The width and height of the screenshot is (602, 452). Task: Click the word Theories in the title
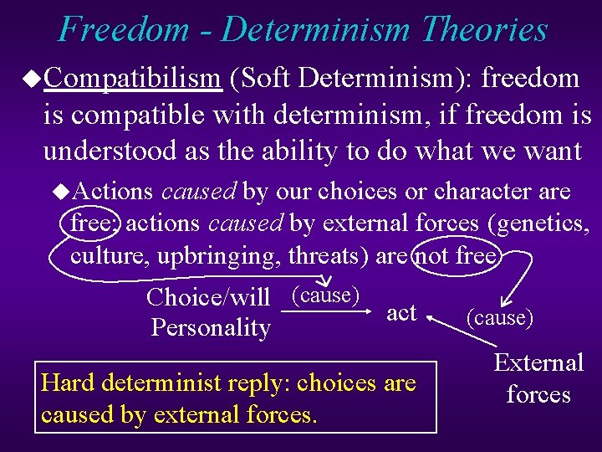(485, 29)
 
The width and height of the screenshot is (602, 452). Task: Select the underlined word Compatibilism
(131, 78)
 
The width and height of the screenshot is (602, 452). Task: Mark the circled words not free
(457, 255)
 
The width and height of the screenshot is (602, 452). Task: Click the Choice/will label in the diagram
(207, 297)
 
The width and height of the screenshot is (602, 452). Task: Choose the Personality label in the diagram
(211, 327)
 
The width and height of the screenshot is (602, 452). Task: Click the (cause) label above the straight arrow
(325, 295)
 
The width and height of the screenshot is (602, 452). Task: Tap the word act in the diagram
(401, 312)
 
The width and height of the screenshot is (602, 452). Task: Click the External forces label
(538, 378)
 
